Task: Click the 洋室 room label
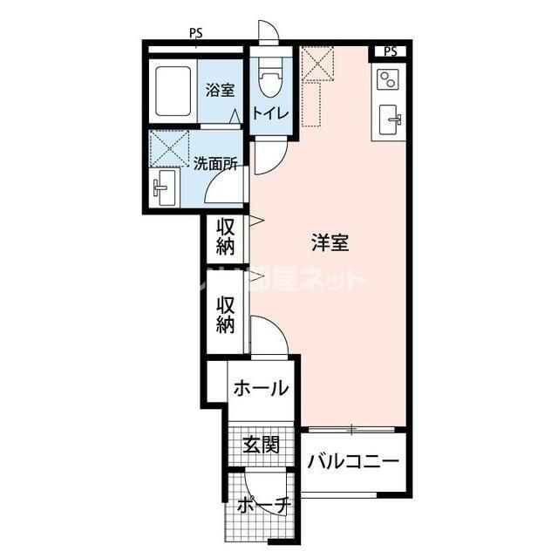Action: pos(330,243)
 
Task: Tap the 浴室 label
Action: pos(220,89)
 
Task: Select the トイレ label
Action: pos(271,114)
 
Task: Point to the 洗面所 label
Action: pos(215,162)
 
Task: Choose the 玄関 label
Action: pos(261,445)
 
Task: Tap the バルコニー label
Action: pos(353,461)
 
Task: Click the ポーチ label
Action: pos(262,506)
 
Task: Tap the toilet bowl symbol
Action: pos(270,80)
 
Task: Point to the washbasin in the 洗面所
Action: pos(164,186)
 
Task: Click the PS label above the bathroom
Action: pos(196,35)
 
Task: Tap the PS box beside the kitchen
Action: pos(390,51)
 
